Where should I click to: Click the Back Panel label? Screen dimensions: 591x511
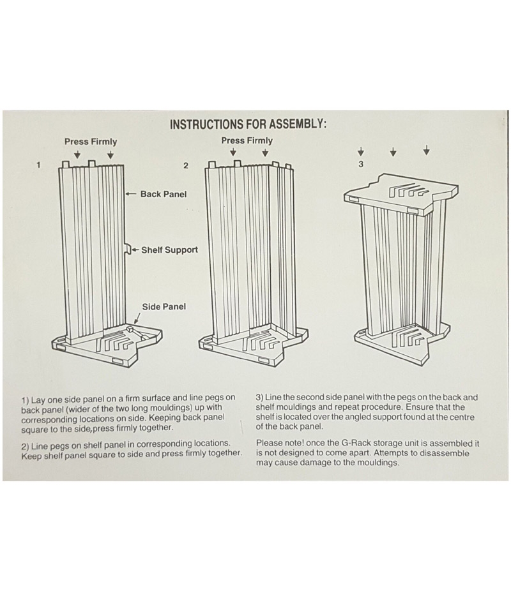click(164, 194)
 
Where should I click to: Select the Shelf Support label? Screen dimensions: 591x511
click(169, 250)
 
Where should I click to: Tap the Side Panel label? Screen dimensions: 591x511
click(164, 306)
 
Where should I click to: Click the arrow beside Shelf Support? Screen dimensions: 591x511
click(135, 250)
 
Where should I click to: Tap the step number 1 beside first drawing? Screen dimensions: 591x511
click(39, 165)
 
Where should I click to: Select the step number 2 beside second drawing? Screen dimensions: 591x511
click(186, 165)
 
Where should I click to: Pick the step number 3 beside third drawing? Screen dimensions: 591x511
click(361, 165)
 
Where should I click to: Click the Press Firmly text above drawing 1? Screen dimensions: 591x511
click(91, 142)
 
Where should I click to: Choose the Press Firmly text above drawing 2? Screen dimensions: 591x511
click(247, 140)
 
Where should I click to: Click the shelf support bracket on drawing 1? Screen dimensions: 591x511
click(127, 249)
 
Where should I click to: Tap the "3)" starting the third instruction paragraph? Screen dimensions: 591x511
click(261, 397)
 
